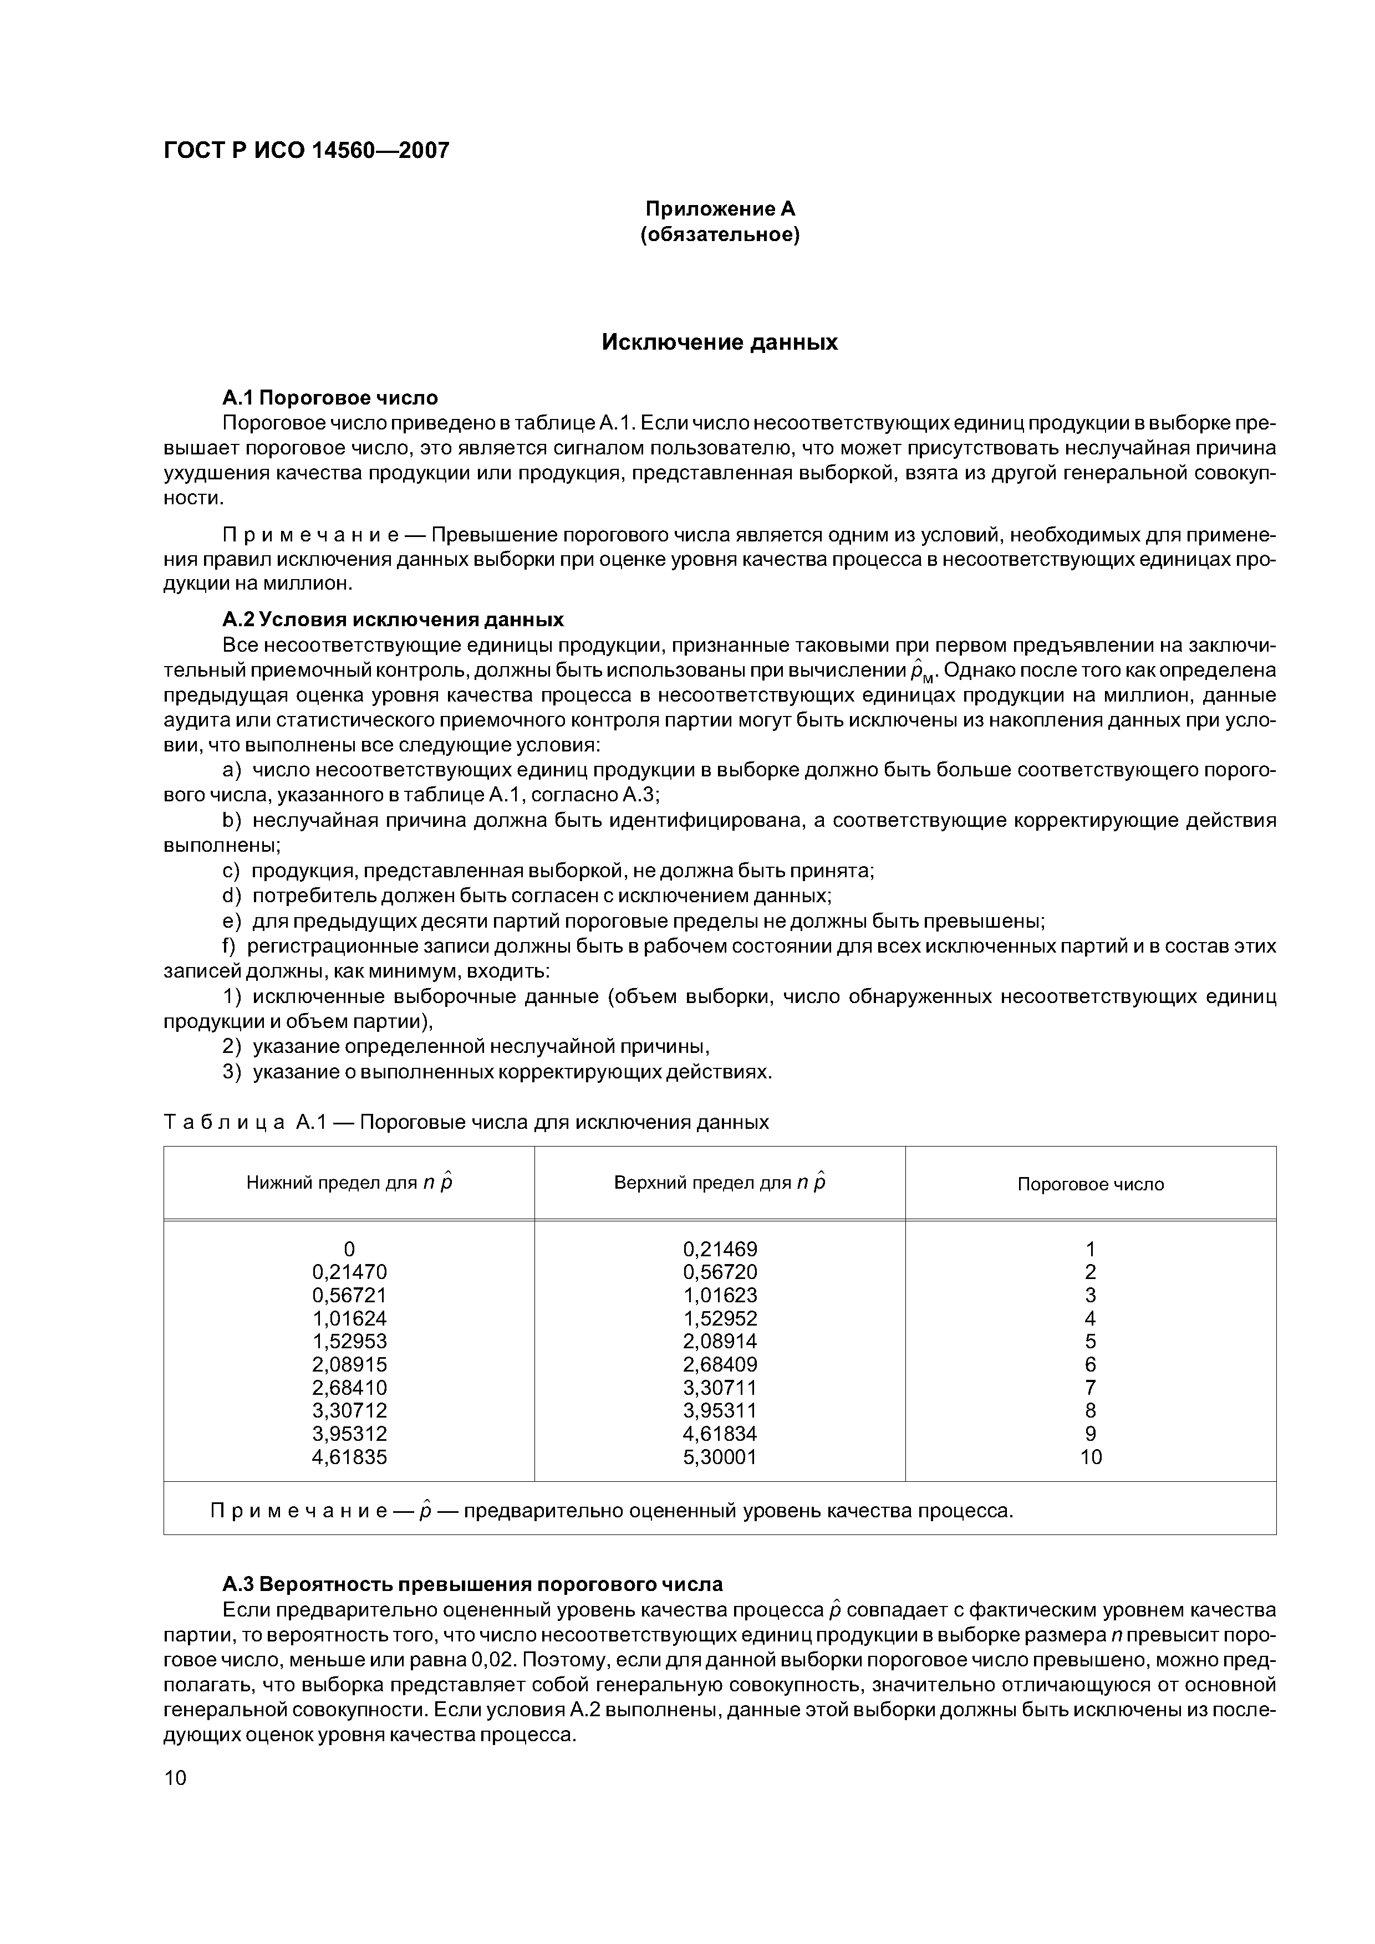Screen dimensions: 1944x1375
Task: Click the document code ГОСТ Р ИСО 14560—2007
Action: pos(306,151)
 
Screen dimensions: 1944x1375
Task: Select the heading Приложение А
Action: pos(720,208)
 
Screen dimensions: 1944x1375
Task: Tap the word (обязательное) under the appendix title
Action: pos(720,234)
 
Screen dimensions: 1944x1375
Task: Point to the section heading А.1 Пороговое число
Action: pos(330,397)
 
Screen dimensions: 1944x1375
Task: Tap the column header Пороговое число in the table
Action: pos(1091,1184)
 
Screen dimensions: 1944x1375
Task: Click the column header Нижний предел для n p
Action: pos(349,1183)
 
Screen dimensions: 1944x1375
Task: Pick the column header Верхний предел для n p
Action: pos(719,1183)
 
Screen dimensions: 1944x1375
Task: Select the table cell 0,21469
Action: pos(720,1249)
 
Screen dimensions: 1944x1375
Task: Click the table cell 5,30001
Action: pos(720,1456)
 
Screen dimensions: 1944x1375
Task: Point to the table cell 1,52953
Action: pos(349,1341)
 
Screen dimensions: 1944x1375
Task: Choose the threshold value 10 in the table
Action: pos(1091,1456)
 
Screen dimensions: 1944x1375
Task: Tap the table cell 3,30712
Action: pos(349,1410)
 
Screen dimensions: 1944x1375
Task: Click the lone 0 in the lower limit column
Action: pos(349,1249)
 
